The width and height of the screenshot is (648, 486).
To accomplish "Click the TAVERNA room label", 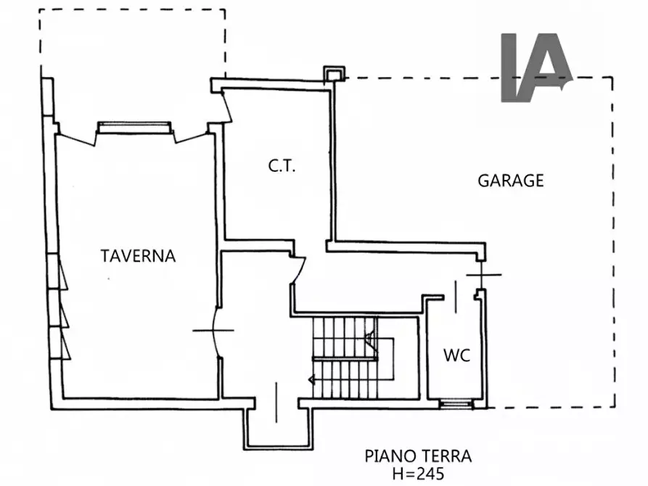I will pos(138,255).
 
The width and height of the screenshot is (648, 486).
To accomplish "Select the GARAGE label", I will pos(510,181).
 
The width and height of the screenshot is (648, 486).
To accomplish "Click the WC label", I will pos(456,356).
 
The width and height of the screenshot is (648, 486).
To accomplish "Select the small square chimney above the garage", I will pos(332,74).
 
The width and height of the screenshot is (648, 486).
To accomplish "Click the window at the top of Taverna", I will pos(136,128).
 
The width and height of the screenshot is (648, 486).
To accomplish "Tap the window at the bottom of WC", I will pos(456,403).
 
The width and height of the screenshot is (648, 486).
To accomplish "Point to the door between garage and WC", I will pos(483,275).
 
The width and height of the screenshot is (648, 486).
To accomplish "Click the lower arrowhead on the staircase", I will pos(312,378).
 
